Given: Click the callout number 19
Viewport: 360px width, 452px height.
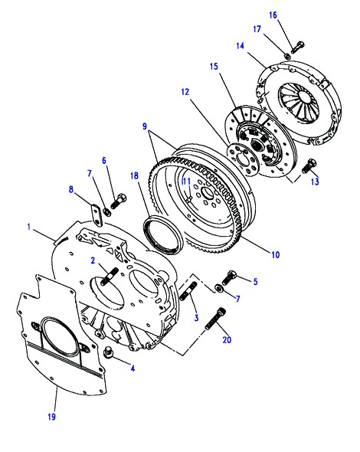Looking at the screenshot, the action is [52, 417].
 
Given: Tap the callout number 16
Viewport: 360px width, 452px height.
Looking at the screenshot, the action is [273, 15].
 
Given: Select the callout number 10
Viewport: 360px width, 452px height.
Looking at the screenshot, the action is [276, 254].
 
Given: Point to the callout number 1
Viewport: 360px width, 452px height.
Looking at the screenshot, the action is [29, 227].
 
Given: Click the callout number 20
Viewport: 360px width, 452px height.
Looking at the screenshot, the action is [227, 339].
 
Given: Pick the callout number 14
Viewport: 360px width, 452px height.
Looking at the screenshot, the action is [240, 46].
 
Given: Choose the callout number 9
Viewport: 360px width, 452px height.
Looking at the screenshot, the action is [145, 126].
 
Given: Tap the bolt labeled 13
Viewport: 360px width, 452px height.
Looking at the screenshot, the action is [309, 166].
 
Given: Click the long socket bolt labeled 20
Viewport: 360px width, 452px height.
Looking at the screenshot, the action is [215, 319].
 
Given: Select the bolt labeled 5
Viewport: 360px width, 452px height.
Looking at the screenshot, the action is [229, 277].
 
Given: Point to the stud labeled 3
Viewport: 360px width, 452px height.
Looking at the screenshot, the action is [188, 291].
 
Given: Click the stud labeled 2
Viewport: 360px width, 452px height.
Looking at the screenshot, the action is [110, 277].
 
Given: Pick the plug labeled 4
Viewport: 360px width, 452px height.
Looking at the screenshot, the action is [108, 353].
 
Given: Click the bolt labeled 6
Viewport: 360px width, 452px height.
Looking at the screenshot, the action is [118, 201].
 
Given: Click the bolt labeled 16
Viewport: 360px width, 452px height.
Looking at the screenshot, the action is [298, 47].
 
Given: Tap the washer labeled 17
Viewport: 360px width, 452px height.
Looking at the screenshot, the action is [287, 56].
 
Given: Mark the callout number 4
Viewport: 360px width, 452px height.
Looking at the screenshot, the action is [133, 368].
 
